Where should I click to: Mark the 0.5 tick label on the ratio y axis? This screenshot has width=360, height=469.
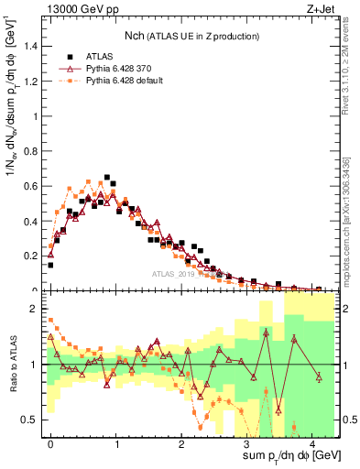click(x=34, y=420)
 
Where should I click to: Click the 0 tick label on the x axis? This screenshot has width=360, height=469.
click(x=50, y=442)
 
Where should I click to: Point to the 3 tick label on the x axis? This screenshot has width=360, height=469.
click(x=247, y=442)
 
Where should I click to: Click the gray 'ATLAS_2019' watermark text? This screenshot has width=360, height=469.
click(x=177, y=273)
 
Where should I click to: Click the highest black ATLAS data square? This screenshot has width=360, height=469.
click(x=107, y=178)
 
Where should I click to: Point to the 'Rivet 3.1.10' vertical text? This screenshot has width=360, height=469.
click(x=350, y=82)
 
